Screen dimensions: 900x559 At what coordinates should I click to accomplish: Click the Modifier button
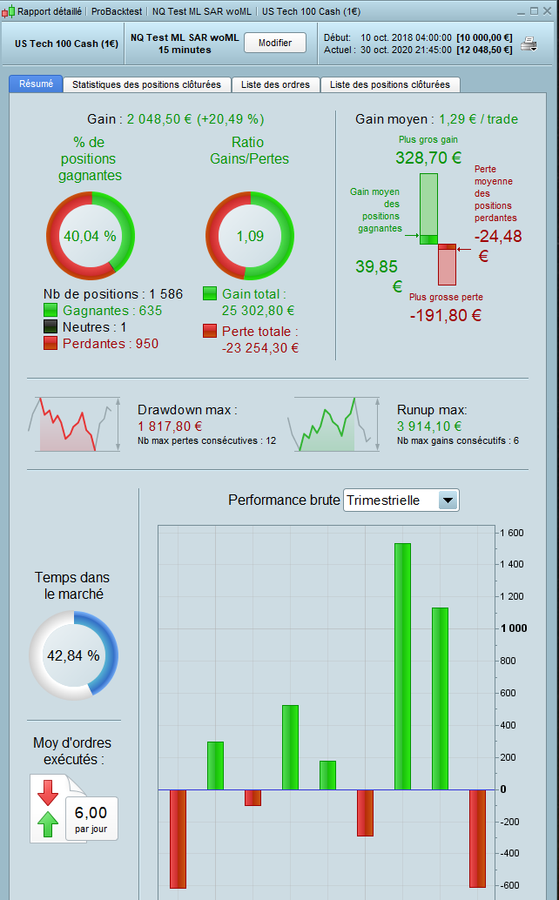point(274,43)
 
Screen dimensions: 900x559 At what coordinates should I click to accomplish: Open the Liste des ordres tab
point(276,84)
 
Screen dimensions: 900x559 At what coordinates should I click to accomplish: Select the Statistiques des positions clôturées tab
point(146,84)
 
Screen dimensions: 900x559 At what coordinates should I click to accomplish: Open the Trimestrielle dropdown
point(448,500)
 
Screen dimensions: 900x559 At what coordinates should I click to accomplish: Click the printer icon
point(529,44)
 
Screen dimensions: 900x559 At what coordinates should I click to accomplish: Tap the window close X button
point(548,11)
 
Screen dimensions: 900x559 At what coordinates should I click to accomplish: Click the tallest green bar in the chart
point(402,666)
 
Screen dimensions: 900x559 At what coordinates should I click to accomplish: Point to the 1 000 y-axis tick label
point(513,628)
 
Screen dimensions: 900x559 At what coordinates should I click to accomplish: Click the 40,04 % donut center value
point(90,236)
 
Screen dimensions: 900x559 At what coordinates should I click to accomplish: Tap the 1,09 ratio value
point(250,236)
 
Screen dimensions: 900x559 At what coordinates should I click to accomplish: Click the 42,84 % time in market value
point(74,655)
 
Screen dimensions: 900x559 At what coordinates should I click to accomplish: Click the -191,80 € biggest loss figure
point(445,315)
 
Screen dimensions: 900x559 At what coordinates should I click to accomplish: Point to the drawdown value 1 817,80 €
point(170,426)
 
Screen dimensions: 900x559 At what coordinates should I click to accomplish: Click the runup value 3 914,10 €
point(429,426)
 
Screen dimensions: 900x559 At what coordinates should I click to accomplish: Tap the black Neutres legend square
point(51,327)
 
